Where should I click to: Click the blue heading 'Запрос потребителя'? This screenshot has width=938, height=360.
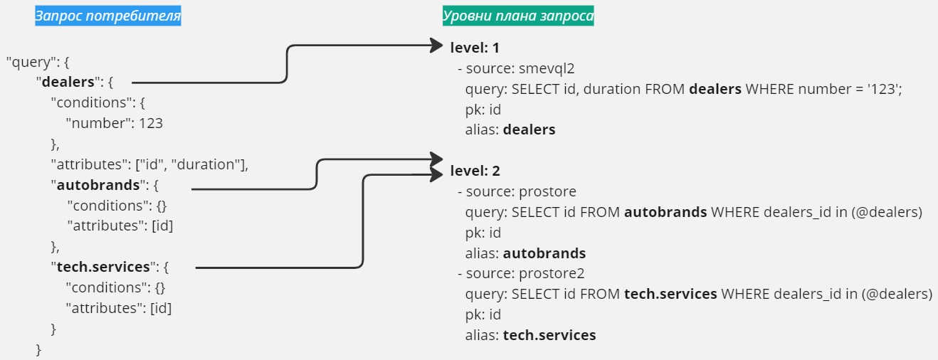click(108, 16)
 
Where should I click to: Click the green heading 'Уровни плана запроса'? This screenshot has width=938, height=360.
click(518, 16)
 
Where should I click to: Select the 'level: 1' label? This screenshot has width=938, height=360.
click(475, 48)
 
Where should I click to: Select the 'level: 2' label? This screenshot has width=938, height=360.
click(475, 171)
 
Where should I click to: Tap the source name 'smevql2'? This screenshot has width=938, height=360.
click(547, 68)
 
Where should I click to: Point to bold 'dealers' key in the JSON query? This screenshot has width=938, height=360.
click(68, 82)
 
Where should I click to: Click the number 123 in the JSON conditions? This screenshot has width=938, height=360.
click(151, 123)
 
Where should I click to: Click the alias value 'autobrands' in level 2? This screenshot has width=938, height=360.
click(544, 253)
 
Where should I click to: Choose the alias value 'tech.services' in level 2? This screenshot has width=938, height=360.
click(549, 335)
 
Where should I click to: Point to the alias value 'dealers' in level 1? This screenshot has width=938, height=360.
click(529, 130)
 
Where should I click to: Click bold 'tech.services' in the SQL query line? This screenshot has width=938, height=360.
click(670, 294)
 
